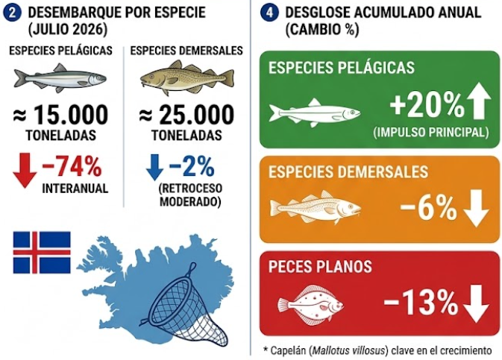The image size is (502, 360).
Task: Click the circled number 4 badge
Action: [269, 13]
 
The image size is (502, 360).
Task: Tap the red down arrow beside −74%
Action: [25, 170]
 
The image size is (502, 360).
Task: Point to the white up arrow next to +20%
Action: [479, 101]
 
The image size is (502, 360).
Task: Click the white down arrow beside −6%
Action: [477, 208]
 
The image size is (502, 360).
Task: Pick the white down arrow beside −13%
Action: [477, 303]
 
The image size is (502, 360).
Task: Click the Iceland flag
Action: [42, 253]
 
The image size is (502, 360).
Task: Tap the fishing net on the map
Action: [187, 307]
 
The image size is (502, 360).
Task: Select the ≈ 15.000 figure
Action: [60, 115]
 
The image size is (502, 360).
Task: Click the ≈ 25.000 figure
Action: [186, 115]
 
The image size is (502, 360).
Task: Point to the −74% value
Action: [72, 167]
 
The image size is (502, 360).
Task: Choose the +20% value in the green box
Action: [427, 104]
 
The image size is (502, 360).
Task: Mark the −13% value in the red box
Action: [421, 303]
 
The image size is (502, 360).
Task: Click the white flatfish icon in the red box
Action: [310, 305]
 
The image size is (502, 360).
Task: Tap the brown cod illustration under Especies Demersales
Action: [187, 78]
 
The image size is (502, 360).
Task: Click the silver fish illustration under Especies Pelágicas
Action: [60, 78]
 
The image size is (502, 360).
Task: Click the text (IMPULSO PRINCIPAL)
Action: [431, 133]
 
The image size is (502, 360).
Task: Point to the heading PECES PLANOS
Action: [320, 267]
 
